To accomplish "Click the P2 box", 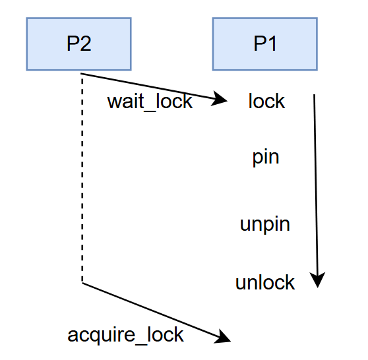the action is (x=79, y=44).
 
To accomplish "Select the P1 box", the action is (x=265, y=44).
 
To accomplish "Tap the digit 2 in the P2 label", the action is (x=86, y=44).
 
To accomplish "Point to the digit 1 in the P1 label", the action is (x=272, y=44).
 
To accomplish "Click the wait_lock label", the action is (x=150, y=102).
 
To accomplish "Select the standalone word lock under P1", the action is (x=266, y=101).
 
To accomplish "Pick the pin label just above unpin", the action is (x=266, y=157).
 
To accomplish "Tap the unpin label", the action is (x=265, y=224).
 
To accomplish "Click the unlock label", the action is (x=265, y=282).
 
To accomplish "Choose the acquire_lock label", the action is (x=125, y=336).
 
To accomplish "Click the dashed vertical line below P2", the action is (x=82, y=179).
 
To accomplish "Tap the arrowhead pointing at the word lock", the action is (x=219, y=98).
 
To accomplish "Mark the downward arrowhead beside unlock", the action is (x=317, y=280).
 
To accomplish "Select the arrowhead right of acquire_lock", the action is (x=222, y=336).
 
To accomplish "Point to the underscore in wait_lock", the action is (x=150, y=111).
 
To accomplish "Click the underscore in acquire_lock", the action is (x=141, y=344).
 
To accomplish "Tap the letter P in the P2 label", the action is (x=73, y=44).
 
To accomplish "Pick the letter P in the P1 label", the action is (x=260, y=44).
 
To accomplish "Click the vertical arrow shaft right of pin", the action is (x=316, y=184).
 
